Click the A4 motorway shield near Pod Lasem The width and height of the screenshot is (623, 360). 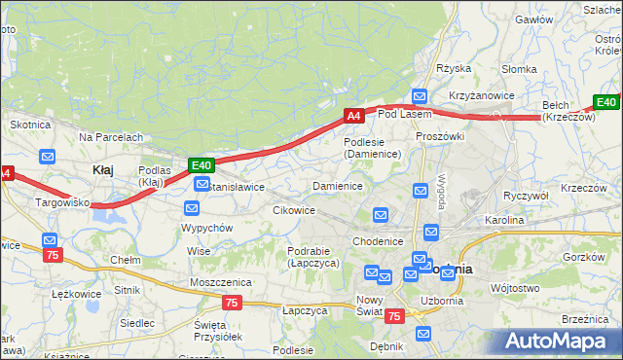pyautogui.click(x=354, y=116)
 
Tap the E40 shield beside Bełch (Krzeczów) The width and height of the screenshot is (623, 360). pyautogui.click(x=606, y=102)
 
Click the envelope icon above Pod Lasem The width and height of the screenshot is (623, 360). pyautogui.click(x=420, y=96)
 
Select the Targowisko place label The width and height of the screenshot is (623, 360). pyautogui.click(x=63, y=202)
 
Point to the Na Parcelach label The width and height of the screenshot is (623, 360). pyautogui.click(x=111, y=137)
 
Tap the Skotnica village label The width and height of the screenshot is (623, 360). pyautogui.click(x=29, y=125)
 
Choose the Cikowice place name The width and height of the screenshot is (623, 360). pyautogui.click(x=294, y=209)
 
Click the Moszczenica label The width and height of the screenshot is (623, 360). pyautogui.click(x=221, y=281)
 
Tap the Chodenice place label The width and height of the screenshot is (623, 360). pyautogui.click(x=378, y=241)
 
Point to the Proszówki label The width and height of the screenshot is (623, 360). pyautogui.click(x=440, y=136)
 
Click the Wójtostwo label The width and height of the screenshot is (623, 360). pyautogui.click(x=515, y=288)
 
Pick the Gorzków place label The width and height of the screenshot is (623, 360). pyautogui.click(x=585, y=257)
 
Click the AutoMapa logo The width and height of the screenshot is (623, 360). pyautogui.click(x=558, y=341)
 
